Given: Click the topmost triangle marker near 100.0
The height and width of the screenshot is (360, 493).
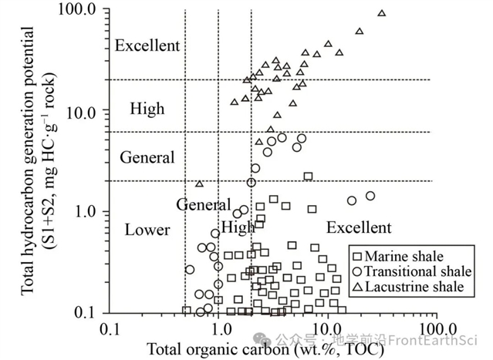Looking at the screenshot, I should (381, 13).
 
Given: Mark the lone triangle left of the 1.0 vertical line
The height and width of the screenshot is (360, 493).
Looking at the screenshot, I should (199, 183).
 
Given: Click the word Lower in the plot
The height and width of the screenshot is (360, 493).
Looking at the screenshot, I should (147, 230).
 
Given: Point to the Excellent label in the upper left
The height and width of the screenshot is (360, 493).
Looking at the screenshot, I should (147, 46).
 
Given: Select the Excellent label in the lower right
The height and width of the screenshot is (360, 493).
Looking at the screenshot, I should (359, 228).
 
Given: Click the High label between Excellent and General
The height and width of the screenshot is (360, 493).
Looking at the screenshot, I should (147, 109).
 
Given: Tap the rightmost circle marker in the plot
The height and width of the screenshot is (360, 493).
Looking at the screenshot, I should (370, 196).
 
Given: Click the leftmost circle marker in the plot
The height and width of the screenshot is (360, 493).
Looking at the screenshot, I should (190, 269).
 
